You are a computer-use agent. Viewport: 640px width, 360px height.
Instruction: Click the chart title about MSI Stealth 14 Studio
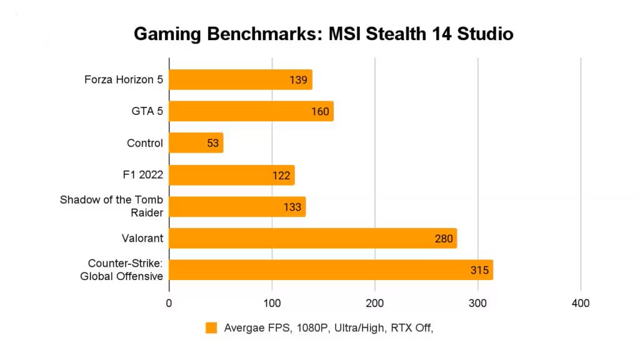click(x=323, y=33)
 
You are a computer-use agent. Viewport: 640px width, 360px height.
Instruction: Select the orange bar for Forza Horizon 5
click(x=241, y=80)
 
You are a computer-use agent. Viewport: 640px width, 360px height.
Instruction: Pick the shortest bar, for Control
click(x=196, y=143)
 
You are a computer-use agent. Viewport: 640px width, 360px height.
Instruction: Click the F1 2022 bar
click(x=231, y=175)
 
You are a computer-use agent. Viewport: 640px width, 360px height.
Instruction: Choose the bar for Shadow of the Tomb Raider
click(x=237, y=207)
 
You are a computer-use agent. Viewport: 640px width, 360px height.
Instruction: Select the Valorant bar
click(x=312, y=238)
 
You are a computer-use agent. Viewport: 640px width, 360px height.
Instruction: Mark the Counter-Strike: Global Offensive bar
click(x=331, y=270)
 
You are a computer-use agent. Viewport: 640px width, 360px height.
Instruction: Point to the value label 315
click(x=479, y=271)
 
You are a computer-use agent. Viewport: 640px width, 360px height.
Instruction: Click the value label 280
click(x=443, y=239)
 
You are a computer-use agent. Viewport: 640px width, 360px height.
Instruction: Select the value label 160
click(x=320, y=112)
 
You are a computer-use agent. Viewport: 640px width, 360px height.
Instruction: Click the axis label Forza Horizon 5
click(x=123, y=80)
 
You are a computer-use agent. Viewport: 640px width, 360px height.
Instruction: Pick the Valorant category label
click(x=142, y=238)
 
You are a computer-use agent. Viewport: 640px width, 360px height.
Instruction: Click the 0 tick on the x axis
click(x=169, y=304)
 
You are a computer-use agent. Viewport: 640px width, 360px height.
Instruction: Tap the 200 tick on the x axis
click(x=375, y=304)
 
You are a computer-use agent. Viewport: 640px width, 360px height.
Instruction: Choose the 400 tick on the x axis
click(x=581, y=304)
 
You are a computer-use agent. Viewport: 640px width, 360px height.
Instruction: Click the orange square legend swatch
click(x=211, y=328)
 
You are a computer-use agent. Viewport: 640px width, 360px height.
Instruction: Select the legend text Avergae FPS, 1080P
click(x=329, y=328)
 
